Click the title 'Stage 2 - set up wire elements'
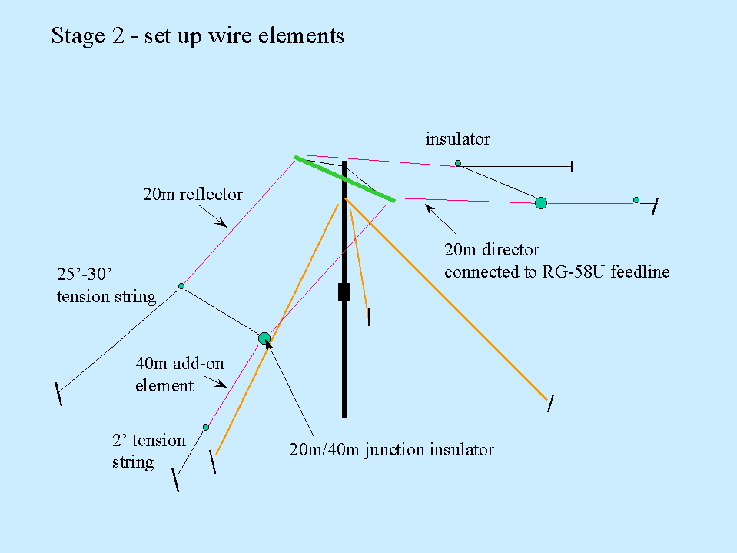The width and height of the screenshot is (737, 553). click(x=198, y=36)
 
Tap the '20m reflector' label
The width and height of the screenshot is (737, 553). click(x=192, y=195)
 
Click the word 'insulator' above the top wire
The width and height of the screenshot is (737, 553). click(x=457, y=139)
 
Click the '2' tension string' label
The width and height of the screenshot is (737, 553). click(x=148, y=451)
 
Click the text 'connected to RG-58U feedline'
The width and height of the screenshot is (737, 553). click(x=556, y=272)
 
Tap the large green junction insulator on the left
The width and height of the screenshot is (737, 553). click(x=264, y=338)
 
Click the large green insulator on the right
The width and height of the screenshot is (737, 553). click(x=541, y=203)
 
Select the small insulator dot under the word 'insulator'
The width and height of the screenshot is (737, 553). click(x=458, y=163)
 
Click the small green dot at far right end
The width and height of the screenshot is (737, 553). click(x=636, y=200)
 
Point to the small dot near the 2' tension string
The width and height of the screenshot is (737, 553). click(x=206, y=427)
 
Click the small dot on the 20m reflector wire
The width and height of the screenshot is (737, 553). click(x=181, y=286)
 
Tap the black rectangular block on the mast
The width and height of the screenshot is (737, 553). click(x=344, y=292)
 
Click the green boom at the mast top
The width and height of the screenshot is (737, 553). click(x=344, y=179)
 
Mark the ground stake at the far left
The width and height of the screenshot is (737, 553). click(x=59, y=392)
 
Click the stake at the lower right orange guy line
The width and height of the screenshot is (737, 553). click(x=549, y=403)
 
